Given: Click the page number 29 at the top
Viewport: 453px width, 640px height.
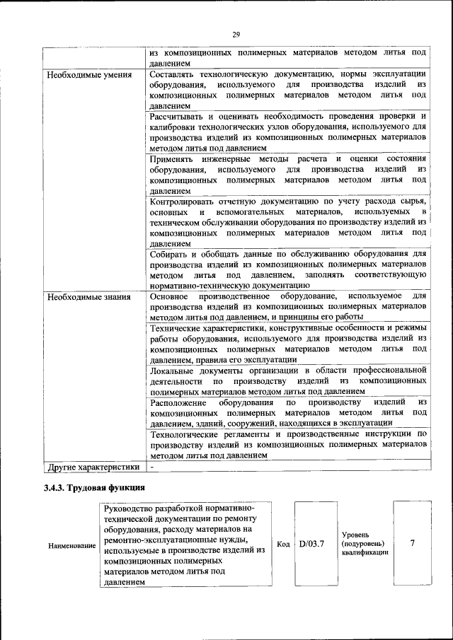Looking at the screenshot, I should point(236,35).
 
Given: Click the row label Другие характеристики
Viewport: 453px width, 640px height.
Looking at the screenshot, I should point(93,467).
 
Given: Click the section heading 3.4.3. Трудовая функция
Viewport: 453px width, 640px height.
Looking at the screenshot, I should point(94,487).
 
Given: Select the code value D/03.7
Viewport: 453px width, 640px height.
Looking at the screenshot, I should point(312,544).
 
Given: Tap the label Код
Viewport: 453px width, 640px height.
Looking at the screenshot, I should point(283,545).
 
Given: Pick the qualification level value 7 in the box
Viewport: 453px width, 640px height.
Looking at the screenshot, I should point(412,543).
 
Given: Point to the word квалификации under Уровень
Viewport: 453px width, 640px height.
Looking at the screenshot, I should point(365,554).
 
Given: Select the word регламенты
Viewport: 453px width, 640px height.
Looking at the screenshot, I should point(245,434).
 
